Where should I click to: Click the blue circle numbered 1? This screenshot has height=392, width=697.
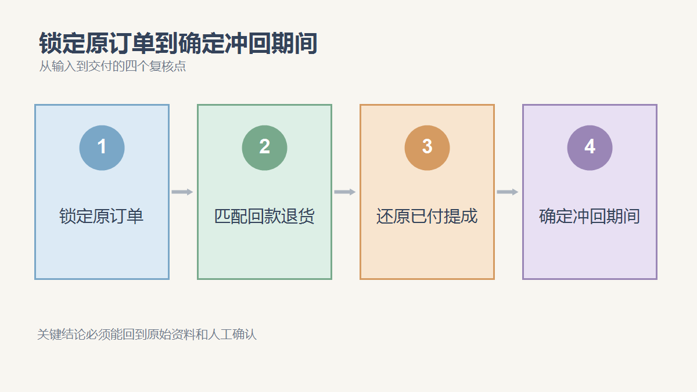click(x=102, y=148)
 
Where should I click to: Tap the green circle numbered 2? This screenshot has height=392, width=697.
click(x=264, y=148)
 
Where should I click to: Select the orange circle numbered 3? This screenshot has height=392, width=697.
click(x=427, y=148)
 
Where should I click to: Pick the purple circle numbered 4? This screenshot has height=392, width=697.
click(x=590, y=148)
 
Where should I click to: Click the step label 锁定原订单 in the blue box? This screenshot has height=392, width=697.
click(x=102, y=216)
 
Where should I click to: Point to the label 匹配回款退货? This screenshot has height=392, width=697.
click(x=264, y=216)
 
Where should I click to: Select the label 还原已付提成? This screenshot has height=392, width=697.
click(x=427, y=216)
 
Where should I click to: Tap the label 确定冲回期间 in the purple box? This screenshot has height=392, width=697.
click(x=590, y=216)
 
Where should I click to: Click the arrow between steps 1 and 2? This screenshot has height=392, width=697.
click(x=182, y=192)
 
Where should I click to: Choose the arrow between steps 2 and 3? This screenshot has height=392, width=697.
click(x=345, y=192)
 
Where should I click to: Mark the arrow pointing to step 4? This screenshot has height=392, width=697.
click(x=508, y=192)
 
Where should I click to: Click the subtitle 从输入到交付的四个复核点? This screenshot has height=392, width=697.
click(x=112, y=66)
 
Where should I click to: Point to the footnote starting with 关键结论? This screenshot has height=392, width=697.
click(x=147, y=335)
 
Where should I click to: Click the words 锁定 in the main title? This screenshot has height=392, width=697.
click(x=62, y=43)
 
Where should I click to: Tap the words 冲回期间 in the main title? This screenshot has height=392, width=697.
click(x=271, y=43)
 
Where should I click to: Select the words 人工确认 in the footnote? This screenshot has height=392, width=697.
click(x=232, y=335)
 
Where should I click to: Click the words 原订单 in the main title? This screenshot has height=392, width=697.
click(x=120, y=43)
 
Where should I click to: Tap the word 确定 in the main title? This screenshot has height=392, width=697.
click(x=201, y=43)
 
